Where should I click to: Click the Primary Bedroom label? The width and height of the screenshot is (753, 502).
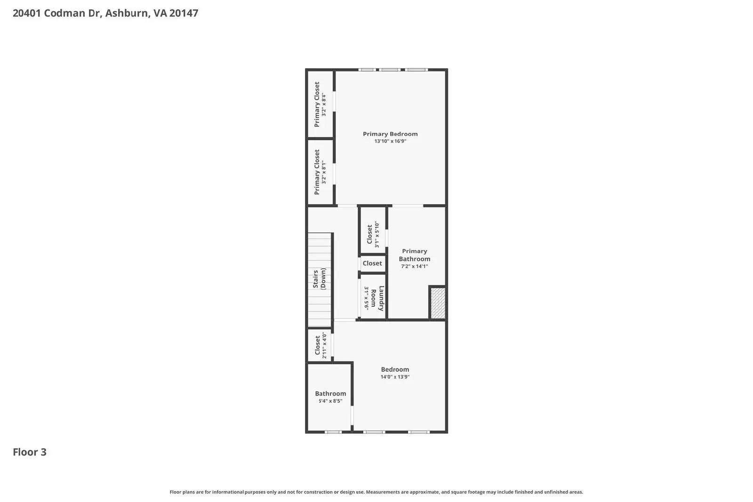pyautogui.click(x=390, y=134)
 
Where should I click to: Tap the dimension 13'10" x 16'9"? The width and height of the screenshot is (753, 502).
pyautogui.click(x=390, y=141)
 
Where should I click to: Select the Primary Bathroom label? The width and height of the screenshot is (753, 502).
pyautogui.click(x=414, y=255)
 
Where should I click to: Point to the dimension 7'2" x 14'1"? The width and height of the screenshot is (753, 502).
pyautogui.click(x=414, y=266)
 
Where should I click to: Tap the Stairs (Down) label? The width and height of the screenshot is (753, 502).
pyautogui.click(x=319, y=279)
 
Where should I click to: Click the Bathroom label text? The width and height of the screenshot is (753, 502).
pyautogui.click(x=330, y=394)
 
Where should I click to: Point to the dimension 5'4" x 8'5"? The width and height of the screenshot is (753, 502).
pyautogui.click(x=330, y=401)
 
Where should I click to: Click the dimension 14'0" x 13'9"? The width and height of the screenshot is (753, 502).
pyautogui.click(x=395, y=377)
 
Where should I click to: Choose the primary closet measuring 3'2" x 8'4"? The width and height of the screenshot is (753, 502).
pyautogui.click(x=320, y=104)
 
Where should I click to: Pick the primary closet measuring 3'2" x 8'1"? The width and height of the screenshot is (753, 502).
pyautogui.click(x=320, y=172)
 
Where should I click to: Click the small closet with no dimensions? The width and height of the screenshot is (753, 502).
pyautogui.click(x=372, y=263)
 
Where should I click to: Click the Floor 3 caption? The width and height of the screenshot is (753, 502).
pyautogui.click(x=29, y=452)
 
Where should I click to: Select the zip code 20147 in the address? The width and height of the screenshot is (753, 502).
pyautogui.click(x=184, y=13)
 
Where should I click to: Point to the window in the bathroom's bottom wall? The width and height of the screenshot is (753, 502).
pyautogui.click(x=333, y=432)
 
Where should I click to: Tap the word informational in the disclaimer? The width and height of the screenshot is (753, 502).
pyautogui.click(x=228, y=492)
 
